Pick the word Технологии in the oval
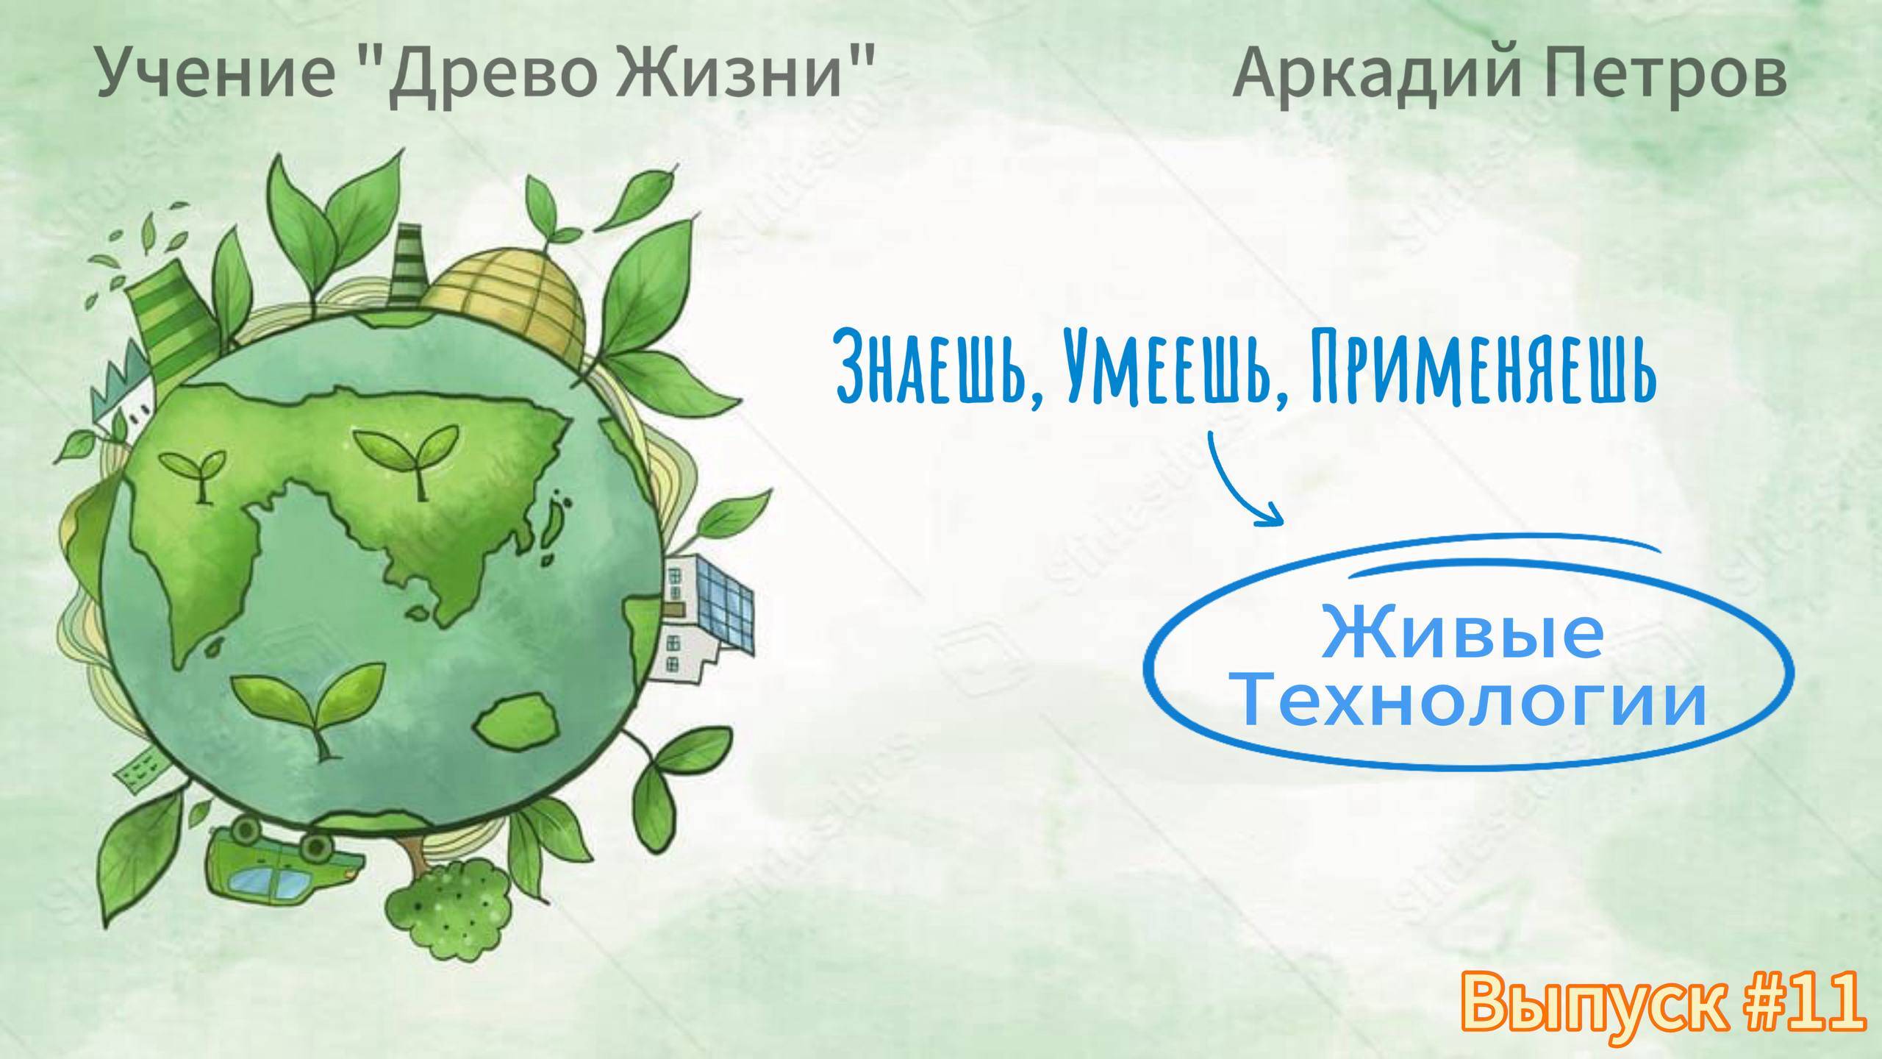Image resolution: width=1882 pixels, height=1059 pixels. [1470, 702]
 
